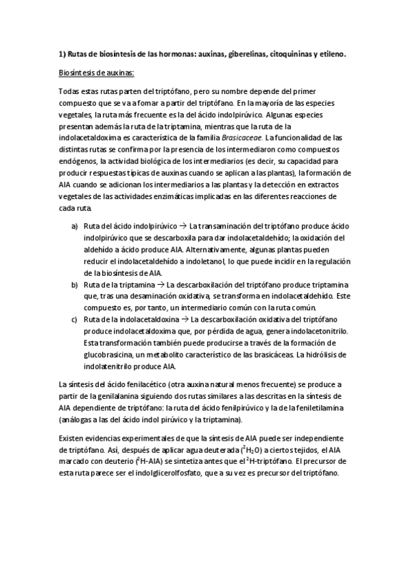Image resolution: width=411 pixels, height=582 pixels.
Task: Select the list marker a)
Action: (74, 226)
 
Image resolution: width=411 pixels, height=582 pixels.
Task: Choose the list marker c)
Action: (74, 319)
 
